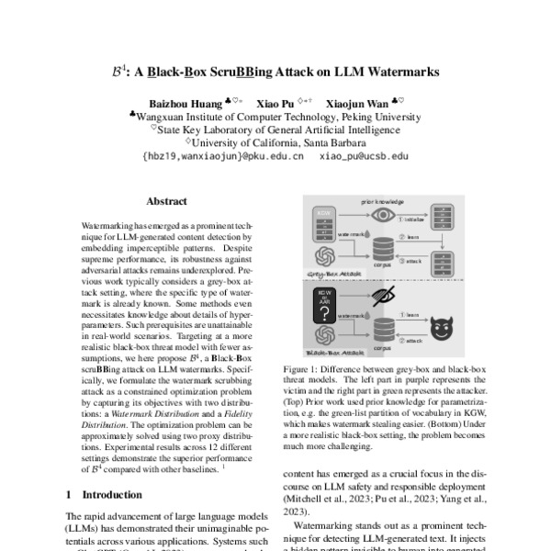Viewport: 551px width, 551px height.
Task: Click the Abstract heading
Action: pyautogui.click(x=166, y=201)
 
